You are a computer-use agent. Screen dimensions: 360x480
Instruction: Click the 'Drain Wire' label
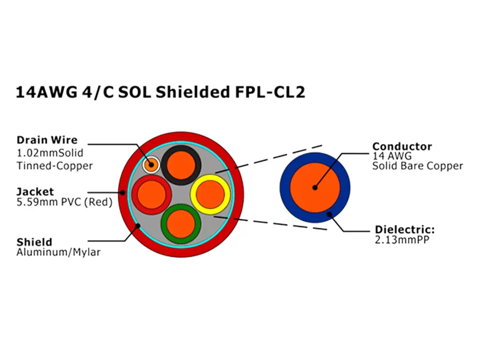point(47,140)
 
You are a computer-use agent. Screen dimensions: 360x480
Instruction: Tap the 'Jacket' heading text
point(35,192)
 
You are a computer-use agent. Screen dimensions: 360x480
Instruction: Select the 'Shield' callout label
point(34,242)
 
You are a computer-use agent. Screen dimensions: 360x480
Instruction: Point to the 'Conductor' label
point(402,146)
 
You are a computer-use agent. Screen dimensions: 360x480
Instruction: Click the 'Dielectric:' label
point(405,230)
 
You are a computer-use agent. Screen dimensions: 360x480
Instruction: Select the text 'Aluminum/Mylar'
point(58,252)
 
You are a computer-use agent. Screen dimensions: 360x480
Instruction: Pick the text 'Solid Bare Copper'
point(418,166)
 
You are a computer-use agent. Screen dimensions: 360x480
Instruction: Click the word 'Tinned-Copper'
point(55,166)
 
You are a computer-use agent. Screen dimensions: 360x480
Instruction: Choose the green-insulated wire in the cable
point(181,223)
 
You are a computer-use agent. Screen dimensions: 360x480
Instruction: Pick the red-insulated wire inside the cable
point(151,194)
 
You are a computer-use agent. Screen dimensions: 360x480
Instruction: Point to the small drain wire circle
point(151,165)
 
